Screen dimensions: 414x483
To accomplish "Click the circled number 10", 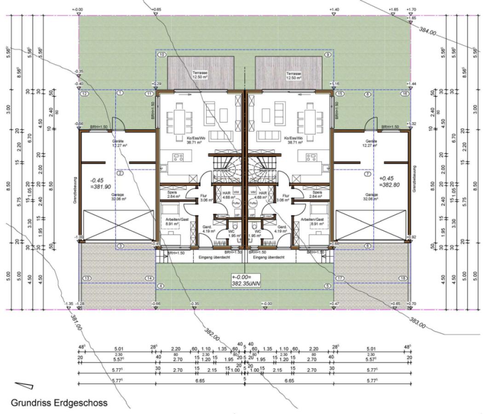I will [x=161, y=55].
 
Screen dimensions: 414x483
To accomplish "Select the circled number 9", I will [x=328, y=55].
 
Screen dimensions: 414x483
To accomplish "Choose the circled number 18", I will [x=403, y=278].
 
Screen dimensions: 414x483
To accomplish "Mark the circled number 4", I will [x=161, y=286].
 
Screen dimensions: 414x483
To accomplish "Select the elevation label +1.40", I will [x=334, y=9].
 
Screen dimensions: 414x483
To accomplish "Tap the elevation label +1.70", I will [x=412, y=9].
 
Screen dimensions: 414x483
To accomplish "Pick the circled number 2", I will [x=120, y=173].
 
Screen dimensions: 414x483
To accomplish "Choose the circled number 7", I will [x=367, y=174].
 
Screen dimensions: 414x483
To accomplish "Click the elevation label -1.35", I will [x=69, y=304].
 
